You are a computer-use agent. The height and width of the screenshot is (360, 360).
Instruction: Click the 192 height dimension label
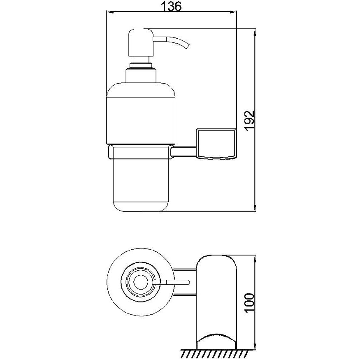coord(250,121)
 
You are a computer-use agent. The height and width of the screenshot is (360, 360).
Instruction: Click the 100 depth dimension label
coord(250,302)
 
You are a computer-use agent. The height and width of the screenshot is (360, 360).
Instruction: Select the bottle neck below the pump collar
coord(141,75)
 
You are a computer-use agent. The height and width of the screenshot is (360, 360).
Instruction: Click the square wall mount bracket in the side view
coord(216,144)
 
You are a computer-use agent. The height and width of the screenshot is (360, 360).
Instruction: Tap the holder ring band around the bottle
coord(141,151)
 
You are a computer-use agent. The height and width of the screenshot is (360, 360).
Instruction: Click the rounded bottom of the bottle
coord(141,207)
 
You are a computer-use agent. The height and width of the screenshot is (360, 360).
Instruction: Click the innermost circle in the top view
coord(140,281)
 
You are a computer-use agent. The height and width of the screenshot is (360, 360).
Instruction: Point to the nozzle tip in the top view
coord(188,281)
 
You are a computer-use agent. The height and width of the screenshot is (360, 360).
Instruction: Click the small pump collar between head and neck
coord(141,65)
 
